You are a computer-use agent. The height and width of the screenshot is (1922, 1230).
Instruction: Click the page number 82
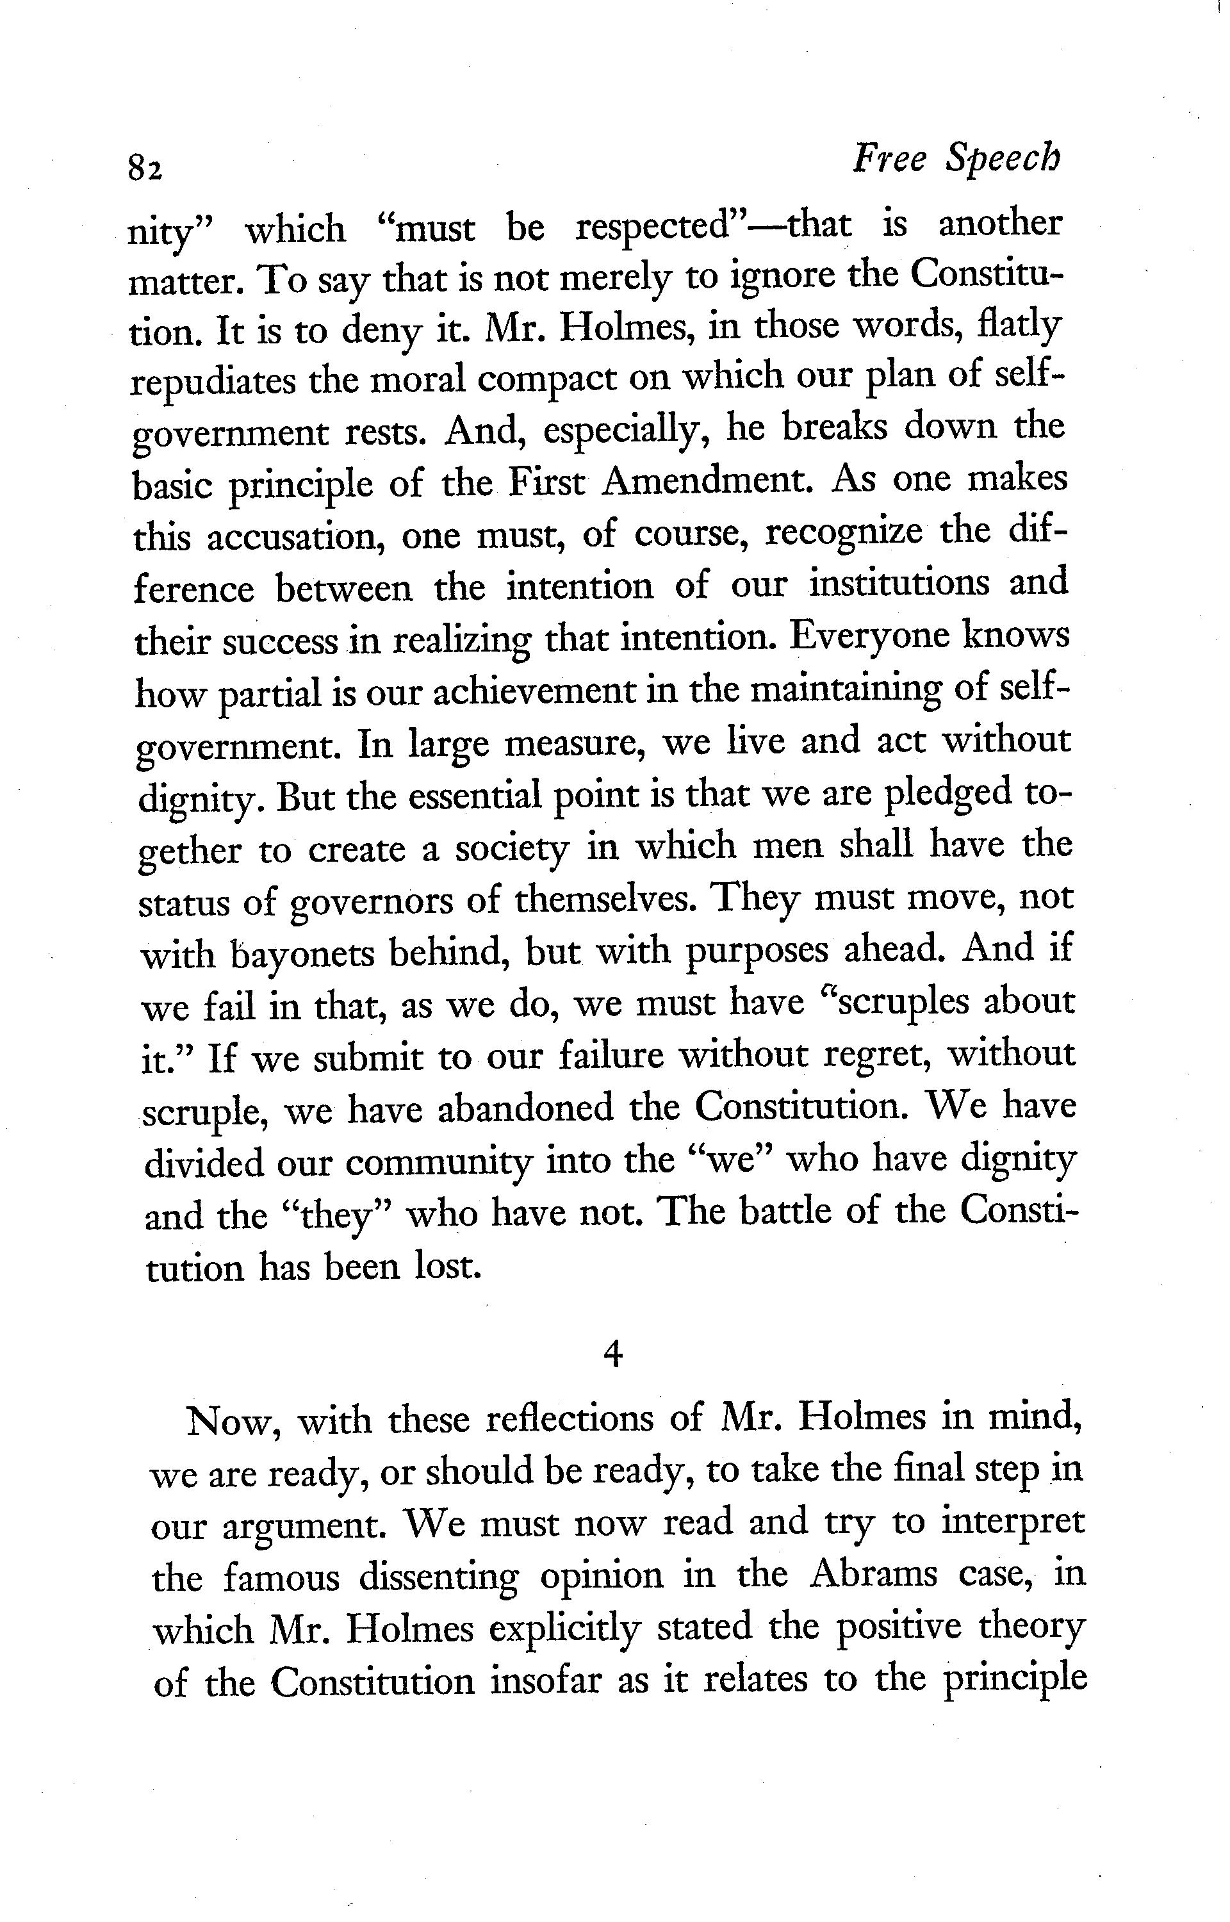pyautogui.click(x=145, y=168)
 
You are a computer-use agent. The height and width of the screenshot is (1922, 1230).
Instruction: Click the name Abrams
pyautogui.click(x=876, y=1575)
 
